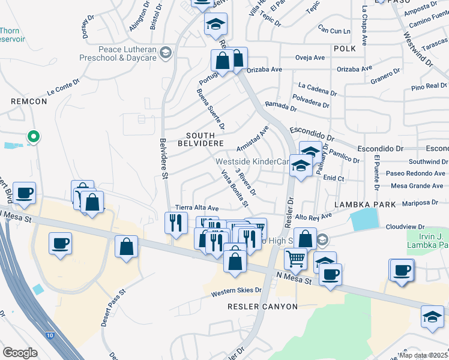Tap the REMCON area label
[x=29, y=101]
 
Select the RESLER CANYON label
[x=262, y=307]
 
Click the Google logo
[x=19, y=353]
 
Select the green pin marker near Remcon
[x=34, y=137]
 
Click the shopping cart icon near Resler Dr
[x=295, y=259]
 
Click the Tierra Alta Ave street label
[x=196, y=208]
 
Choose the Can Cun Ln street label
[x=334, y=30]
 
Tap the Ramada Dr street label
[x=281, y=106]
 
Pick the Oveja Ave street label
[x=310, y=58]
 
